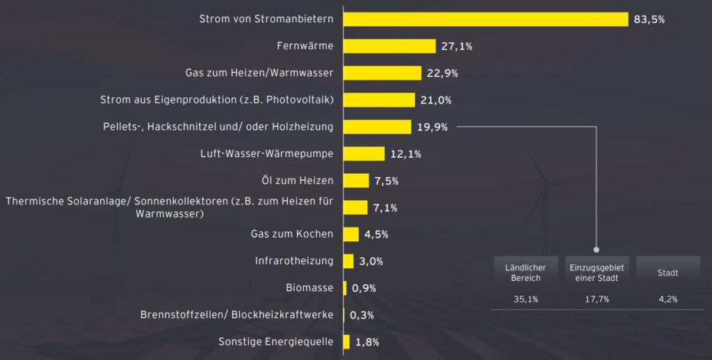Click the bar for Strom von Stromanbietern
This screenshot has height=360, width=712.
click(x=485, y=19)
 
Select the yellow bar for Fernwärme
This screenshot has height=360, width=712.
click(x=389, y=47)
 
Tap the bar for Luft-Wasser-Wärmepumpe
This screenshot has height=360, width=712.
click(x=364, y=154)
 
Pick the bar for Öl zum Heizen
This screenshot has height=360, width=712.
click(x=356, y=181)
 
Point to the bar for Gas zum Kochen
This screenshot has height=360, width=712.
click(x=351, y=234)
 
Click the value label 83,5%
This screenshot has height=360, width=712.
click(x=649, y=19)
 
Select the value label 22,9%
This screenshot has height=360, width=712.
click(x=443, y=73)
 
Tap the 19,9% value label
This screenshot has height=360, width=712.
click(x=432, y=127)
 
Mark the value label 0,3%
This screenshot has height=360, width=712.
click(x=362, y=315)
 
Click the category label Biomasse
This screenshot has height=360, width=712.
click(x=309, y=288)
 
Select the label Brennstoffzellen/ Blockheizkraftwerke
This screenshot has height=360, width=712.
click(x=237, y=315)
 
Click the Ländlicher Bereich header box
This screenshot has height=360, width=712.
click(x=525, y=272)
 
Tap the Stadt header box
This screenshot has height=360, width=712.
click(x=667, y=272)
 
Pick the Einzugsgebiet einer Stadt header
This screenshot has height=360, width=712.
click(x=597, y=272)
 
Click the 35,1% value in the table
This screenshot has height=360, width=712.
click(x=525, y=300)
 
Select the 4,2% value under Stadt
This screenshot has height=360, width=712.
click(x=667, y=300)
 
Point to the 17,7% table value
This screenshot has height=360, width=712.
click(x=597, y=300)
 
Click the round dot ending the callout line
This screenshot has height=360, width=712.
click(x=597, y=249)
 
